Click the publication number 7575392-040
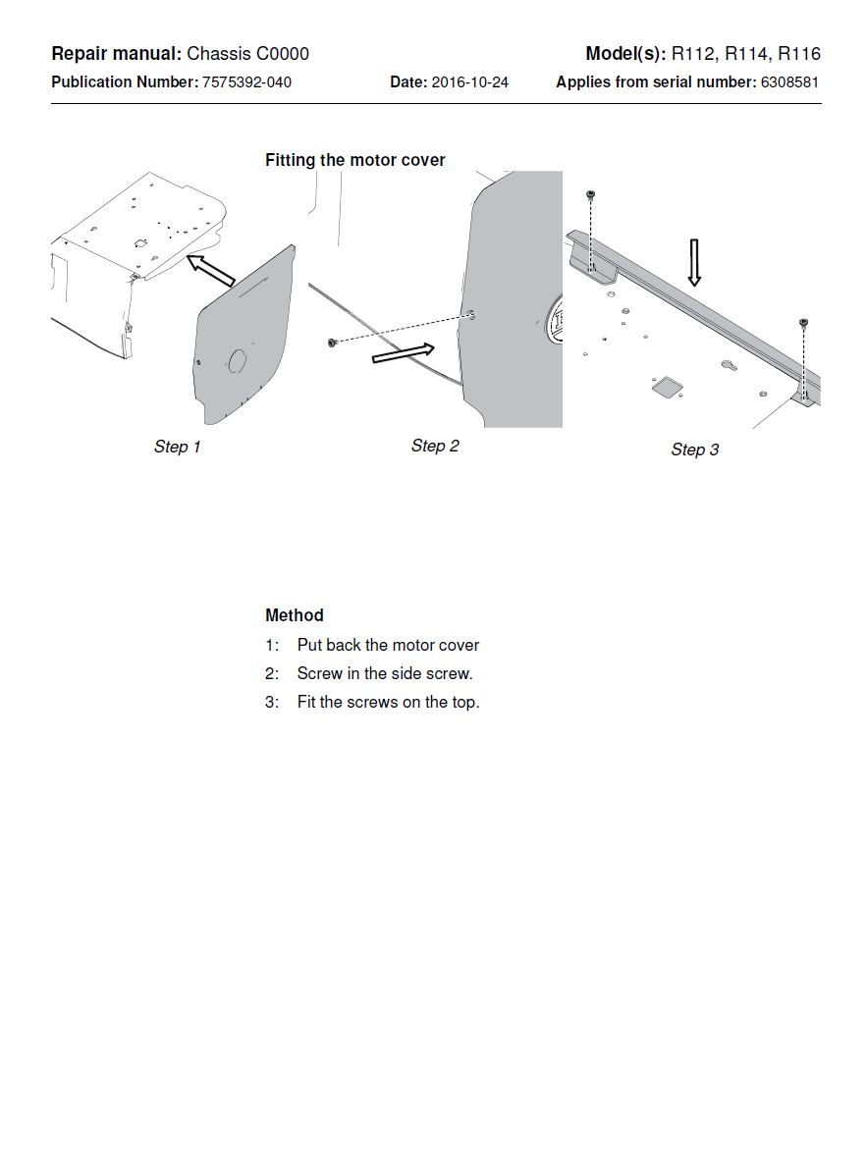(246, 82)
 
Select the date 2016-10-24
(469, 82)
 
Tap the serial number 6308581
(789, 82)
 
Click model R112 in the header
(693, 54)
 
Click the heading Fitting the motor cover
(354, 160)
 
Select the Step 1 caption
(177, 448)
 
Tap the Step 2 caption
(435, 447)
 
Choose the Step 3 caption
(694, 450)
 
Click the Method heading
(294, 615)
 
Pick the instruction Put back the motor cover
(388, 646)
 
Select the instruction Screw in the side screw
(385, 674)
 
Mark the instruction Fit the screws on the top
(388, 703)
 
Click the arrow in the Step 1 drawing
(210, 270)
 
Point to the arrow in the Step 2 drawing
(403, 353)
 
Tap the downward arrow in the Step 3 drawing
(694, 262)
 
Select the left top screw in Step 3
(591, 194)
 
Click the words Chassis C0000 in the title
(247, 54)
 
